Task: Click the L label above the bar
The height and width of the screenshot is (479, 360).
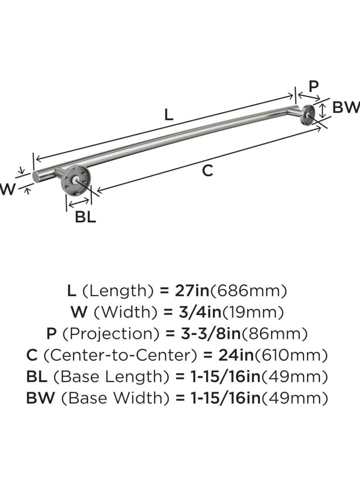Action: point(169,114)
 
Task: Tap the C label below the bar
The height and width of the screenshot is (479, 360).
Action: point(208,171)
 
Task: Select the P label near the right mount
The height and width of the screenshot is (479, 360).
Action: point(313,85)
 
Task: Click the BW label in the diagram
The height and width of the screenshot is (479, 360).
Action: point(346,107)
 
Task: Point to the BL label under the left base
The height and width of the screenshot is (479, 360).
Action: point(85,217)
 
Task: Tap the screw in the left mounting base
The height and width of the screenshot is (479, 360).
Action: point(77,179)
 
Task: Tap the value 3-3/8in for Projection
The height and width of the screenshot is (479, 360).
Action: point(210,334)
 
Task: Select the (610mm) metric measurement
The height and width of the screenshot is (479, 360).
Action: point(291,355)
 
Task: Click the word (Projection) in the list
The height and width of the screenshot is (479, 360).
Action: point(112,334)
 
